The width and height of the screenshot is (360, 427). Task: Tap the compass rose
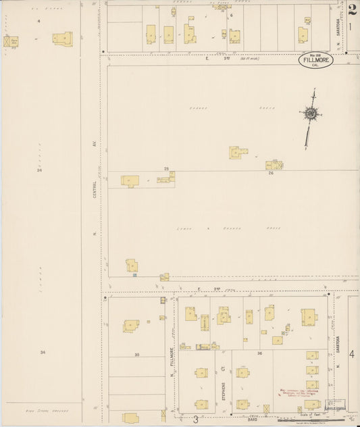click(311, 114)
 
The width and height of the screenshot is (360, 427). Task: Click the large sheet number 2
click(353, 9)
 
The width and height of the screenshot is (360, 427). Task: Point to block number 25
click(166, 168)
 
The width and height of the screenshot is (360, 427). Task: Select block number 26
click(270, 174)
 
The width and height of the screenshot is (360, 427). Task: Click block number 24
click(40, 170)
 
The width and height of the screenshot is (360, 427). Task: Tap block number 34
click(43, 352)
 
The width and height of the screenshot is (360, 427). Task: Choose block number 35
click(136, 355)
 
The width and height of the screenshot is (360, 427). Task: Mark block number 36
click(259, 353)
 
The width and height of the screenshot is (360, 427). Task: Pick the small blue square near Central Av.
click(134, 275)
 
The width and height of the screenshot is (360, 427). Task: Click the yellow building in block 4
click(62, 39)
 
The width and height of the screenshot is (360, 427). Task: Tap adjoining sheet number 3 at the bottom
click(196, 420)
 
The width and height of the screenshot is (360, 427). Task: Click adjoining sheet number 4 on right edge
click(352, 353)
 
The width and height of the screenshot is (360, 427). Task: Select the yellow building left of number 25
click(130, 180)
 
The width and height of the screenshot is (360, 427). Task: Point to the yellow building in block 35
click(131, 326)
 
